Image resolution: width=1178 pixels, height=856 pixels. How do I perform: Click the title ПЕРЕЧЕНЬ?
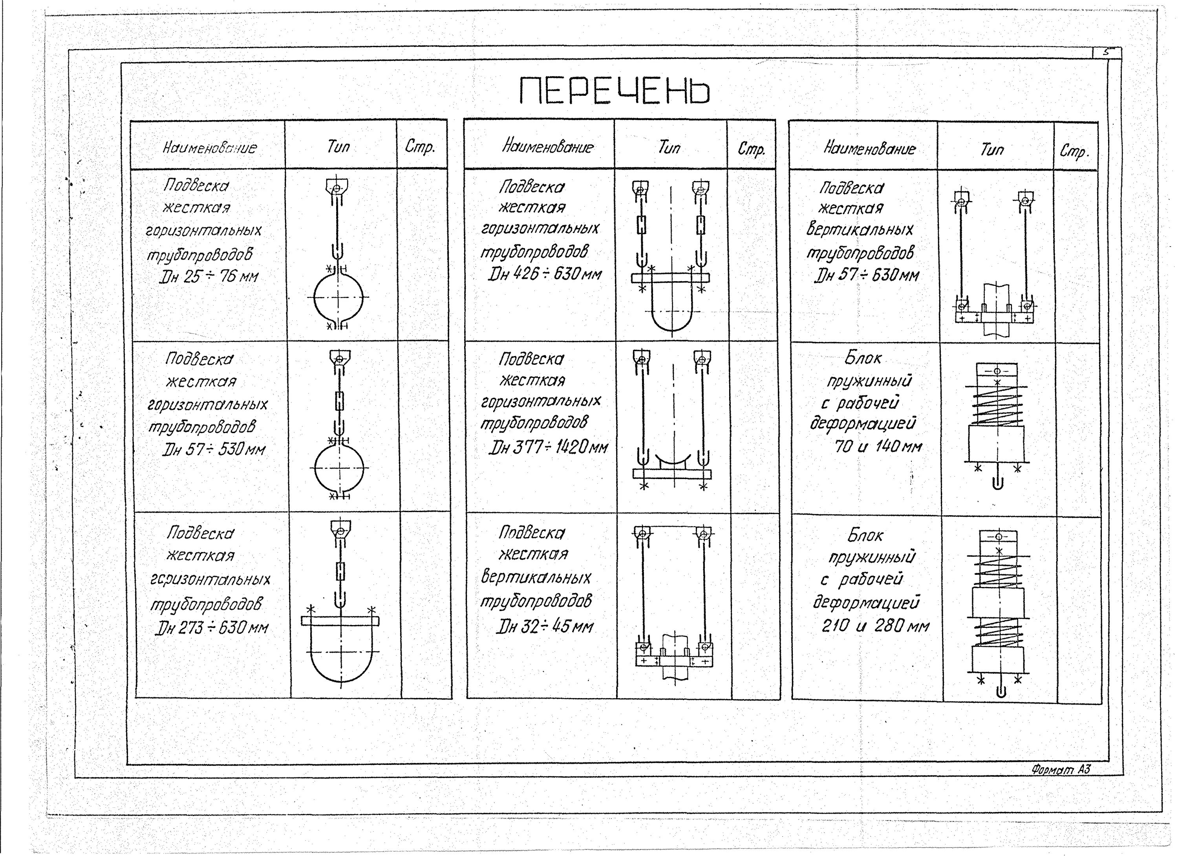point(615,91)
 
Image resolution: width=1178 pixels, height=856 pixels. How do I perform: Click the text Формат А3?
point(1061,769)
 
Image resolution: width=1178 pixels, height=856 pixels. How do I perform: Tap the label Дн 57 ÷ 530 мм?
point(214,449)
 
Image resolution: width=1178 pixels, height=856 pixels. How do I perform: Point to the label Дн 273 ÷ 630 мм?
point(212,628)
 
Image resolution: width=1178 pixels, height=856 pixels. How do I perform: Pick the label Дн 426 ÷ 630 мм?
point(544,274)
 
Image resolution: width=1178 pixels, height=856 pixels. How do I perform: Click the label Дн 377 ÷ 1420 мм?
point(547,447)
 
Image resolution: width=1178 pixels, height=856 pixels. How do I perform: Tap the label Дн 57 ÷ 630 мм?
point(866,275)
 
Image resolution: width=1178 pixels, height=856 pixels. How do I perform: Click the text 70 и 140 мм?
point(878,446)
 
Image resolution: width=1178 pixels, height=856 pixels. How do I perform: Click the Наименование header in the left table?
point(209,148)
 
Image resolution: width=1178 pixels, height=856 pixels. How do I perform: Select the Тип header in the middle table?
point(669,148)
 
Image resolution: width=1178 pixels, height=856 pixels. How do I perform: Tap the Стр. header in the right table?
point(1074,151)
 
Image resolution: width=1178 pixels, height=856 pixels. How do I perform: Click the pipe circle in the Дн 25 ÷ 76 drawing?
point(338,297)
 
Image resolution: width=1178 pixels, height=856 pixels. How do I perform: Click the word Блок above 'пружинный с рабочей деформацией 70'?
point(863,357)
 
